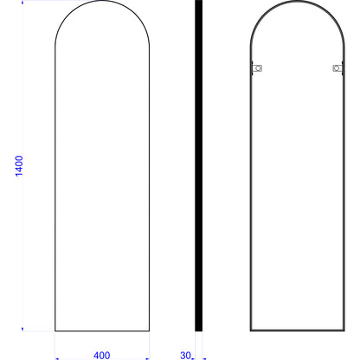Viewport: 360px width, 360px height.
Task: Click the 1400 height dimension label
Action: coord(19,166)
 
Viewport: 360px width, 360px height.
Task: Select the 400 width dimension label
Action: coord(101,355)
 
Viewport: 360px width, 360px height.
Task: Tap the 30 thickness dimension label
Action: coord(185,355)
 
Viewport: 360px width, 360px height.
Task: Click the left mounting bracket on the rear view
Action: coord(256,68)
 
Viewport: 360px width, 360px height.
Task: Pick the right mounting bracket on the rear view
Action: coord(337,68)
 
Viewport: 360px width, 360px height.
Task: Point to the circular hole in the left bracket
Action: coord(258,68)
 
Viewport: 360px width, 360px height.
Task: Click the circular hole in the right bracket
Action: coord(336,68)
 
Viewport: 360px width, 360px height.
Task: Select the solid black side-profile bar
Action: coord(198,165)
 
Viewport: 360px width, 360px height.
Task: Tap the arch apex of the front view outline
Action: coord(102,1)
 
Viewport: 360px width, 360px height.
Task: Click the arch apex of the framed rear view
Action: coord(298,1)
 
